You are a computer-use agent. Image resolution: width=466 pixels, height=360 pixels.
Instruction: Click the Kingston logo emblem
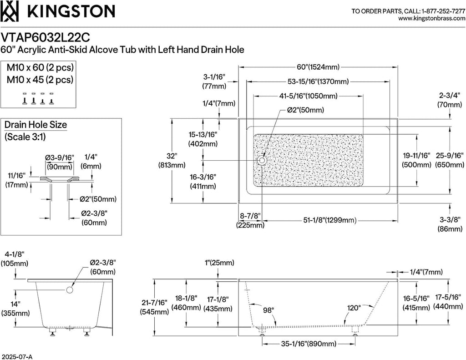[10, 11]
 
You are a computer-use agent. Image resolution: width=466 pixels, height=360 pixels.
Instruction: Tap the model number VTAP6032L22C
[45, 38]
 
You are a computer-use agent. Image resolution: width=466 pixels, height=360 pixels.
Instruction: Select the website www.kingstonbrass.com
[431, 18]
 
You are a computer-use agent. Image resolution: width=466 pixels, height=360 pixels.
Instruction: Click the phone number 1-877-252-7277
[443, 11]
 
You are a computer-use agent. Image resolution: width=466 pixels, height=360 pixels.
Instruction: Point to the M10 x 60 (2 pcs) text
[40, 67]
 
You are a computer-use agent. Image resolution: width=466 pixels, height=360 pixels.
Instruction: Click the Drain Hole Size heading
[35, 125]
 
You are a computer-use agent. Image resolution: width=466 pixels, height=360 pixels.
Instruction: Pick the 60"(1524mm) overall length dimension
[318, 67]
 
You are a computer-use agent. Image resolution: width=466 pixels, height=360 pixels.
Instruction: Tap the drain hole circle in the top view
[262, 161]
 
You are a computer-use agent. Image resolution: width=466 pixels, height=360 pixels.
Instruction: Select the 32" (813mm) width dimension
[172, 160]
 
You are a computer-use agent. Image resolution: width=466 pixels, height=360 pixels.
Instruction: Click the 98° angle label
[268, 310]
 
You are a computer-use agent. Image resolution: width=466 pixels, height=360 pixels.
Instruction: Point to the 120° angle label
[354, 308]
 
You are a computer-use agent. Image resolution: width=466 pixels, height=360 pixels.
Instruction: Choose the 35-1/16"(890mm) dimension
[309, 344]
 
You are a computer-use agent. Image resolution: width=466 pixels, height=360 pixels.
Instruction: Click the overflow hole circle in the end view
[70, 290]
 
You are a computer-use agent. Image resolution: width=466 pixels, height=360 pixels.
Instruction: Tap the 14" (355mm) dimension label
[15, 309]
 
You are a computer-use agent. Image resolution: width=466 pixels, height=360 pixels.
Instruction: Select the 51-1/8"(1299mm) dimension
[330, 220]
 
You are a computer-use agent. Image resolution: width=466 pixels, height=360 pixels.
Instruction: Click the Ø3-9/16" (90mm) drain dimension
[60, 162]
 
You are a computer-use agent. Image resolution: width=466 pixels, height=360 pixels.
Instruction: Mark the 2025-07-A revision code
[17, 357]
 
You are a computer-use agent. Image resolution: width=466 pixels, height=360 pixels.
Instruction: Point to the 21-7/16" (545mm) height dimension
[155, 307]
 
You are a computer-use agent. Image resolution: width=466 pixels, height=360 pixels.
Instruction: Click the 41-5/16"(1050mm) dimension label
[309, 96]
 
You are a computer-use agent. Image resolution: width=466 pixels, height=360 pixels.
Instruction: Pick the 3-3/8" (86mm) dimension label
[450, 224]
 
